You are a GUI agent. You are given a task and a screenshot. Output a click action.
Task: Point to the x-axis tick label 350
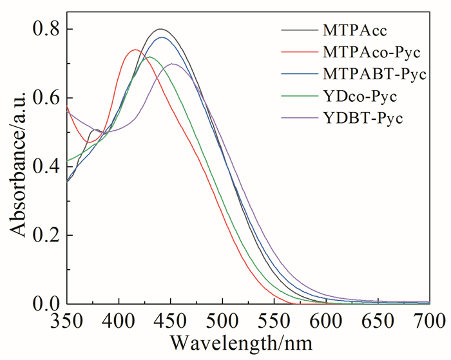point(68,319)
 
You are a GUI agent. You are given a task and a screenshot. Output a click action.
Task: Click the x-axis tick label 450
point(171,319)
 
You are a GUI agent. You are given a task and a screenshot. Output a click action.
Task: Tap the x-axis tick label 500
point(222,319)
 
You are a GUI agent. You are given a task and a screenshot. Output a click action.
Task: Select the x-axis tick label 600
point(326,319)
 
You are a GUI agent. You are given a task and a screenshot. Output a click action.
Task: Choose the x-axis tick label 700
point(428,319)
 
